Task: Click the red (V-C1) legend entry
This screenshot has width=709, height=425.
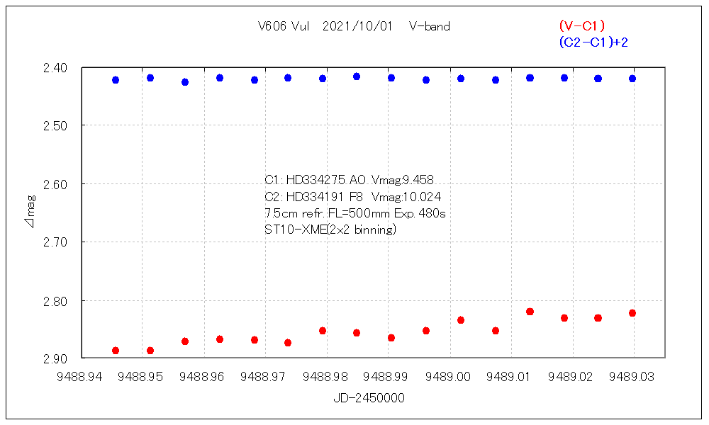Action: (x=581, y=26)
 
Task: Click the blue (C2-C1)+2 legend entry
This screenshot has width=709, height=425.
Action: (x=593, y=42)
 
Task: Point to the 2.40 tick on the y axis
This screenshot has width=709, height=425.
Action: (x=55, y=68)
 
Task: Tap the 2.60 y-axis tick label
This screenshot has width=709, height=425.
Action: (x=55, y=184)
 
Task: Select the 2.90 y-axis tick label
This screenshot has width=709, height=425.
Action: (x=55, y=358)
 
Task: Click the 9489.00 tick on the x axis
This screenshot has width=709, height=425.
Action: (x=450, y=377)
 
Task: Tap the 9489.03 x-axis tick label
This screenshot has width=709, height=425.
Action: (x=634, y=377)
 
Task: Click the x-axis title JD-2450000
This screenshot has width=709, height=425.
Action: (x=369, y=398)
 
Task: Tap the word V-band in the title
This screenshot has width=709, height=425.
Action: (x=430, y=27)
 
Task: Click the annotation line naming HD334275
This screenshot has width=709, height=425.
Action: (x=354, y=180)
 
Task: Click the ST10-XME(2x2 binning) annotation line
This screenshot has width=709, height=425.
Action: (x=330, y=229)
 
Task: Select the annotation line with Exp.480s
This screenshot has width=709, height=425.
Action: (x=354, y=212)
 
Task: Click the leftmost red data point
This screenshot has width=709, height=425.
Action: (x=116, y=351)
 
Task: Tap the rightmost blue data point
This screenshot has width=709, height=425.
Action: (x=632, y=79)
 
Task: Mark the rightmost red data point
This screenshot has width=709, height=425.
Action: (x=632, y=313)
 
